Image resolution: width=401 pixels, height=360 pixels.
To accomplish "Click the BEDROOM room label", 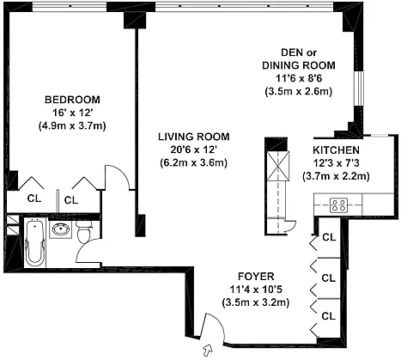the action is pos(72,100).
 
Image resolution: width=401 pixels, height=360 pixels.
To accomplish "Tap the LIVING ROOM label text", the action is pos(194,137).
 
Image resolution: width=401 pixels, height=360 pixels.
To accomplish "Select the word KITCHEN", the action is pos(336,150).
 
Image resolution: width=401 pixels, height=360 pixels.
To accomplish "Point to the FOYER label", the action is pos(256,277).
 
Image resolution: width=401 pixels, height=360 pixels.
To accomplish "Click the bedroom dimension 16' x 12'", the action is pos(73,113).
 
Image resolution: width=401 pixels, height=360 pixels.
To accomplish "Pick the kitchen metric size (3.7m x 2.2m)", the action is pos(336,176).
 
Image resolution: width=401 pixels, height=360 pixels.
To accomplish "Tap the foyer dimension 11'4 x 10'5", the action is pos(256,290).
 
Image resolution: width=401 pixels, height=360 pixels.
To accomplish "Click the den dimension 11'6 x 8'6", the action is pos(299,78).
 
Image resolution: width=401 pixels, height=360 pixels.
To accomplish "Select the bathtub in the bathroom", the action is pos(34,242).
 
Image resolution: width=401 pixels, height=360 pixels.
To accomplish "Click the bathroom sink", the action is pos(60,229).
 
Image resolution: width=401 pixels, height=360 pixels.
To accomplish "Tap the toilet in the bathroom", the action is pos(84,230).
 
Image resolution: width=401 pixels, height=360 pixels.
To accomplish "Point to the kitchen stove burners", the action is pos(338,205).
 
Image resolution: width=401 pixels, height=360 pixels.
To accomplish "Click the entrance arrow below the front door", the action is pos(208,351).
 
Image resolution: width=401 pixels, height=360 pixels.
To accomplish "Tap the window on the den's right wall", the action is pos(358,88).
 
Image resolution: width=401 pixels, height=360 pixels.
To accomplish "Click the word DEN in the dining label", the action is pos(292,52).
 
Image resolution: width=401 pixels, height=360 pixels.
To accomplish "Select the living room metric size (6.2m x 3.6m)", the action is pos(194,162).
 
